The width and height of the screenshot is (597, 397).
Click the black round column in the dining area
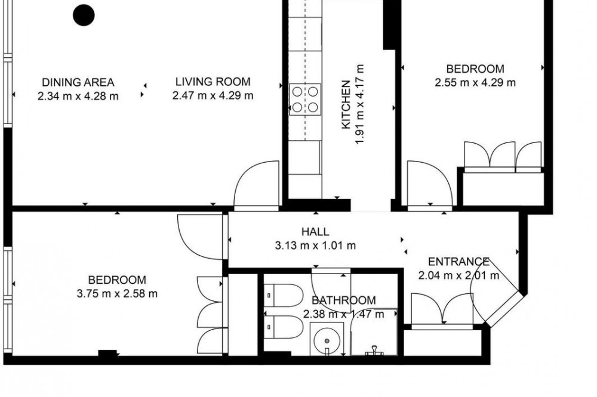(84, 15)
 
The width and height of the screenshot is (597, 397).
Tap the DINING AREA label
(78, 82)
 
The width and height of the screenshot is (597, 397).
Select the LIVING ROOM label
(213, 82)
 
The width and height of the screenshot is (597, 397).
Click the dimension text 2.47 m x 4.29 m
(213, 95)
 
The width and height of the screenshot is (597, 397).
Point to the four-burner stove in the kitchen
(305, 99)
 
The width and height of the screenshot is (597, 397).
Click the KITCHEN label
(346, 104)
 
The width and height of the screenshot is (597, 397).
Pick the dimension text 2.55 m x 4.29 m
(475, 82)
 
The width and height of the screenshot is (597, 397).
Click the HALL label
(315, 231)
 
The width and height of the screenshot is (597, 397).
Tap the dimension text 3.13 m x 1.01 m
(315, 246)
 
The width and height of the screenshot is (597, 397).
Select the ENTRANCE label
(458, 261)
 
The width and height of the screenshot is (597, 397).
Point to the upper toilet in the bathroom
(284, 295)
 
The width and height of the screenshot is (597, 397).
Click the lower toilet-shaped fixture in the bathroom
(284, 327)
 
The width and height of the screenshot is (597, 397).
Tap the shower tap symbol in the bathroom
(374, 351)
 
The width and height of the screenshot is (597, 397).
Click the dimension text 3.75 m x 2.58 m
(117, 293)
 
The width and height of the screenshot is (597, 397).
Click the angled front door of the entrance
(503, 308)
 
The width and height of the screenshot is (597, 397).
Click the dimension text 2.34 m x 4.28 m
(78, 96)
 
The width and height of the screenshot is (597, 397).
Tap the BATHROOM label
(344, 300)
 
